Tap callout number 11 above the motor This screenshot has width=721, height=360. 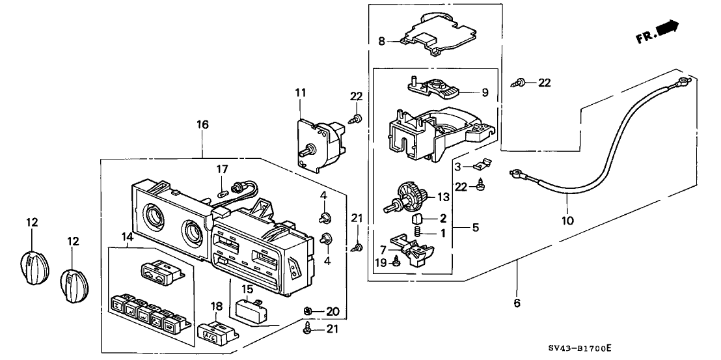[300, 94]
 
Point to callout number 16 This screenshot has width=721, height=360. [203, 124]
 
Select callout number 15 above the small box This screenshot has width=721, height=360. [247, 288]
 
